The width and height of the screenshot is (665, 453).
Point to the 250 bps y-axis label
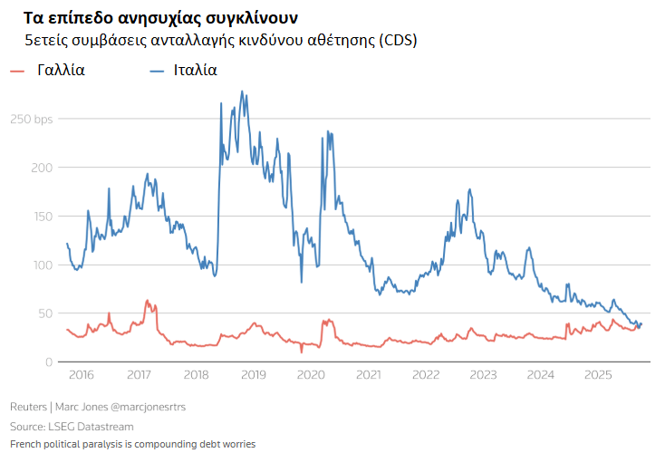point(32,119)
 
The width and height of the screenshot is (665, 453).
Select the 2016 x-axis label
point(81,375)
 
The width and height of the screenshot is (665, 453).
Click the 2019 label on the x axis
point(253,375)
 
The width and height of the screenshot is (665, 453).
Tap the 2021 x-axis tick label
point(368,375)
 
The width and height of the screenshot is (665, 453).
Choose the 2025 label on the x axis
point(598,375)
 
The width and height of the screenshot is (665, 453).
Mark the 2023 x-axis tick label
point(483,375)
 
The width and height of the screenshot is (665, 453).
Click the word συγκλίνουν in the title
point(246,18)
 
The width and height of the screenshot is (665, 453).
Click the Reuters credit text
point(29,407)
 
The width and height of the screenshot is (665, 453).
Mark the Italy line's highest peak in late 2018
point(241,92)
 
